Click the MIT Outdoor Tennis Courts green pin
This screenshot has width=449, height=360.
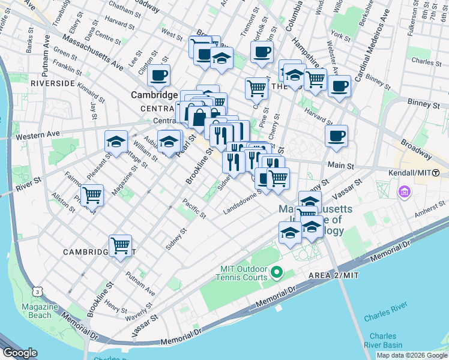pyautogui.click(x=277, y=273)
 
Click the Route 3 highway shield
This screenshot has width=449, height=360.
pyautogui.click(x=38, y=292)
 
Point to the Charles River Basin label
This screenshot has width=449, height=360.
pyautogui.click(x=382, y=340)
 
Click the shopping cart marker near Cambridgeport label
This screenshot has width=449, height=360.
pyautogui.click(x=121, y=245)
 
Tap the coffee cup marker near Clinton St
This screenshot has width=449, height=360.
pyautogui.click(x=159, y=76)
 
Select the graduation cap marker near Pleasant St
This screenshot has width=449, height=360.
pyautogui.click(x=116, y=142)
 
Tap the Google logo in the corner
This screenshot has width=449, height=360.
pyautogui.click(x=19, y=353)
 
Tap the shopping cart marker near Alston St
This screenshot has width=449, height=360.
pyautogui.click(x=92, y=195)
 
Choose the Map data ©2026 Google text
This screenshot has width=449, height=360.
pyautogui.click(x=412, y=355)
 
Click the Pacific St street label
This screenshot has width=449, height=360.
pyautogui.click(x=194, y=208)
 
